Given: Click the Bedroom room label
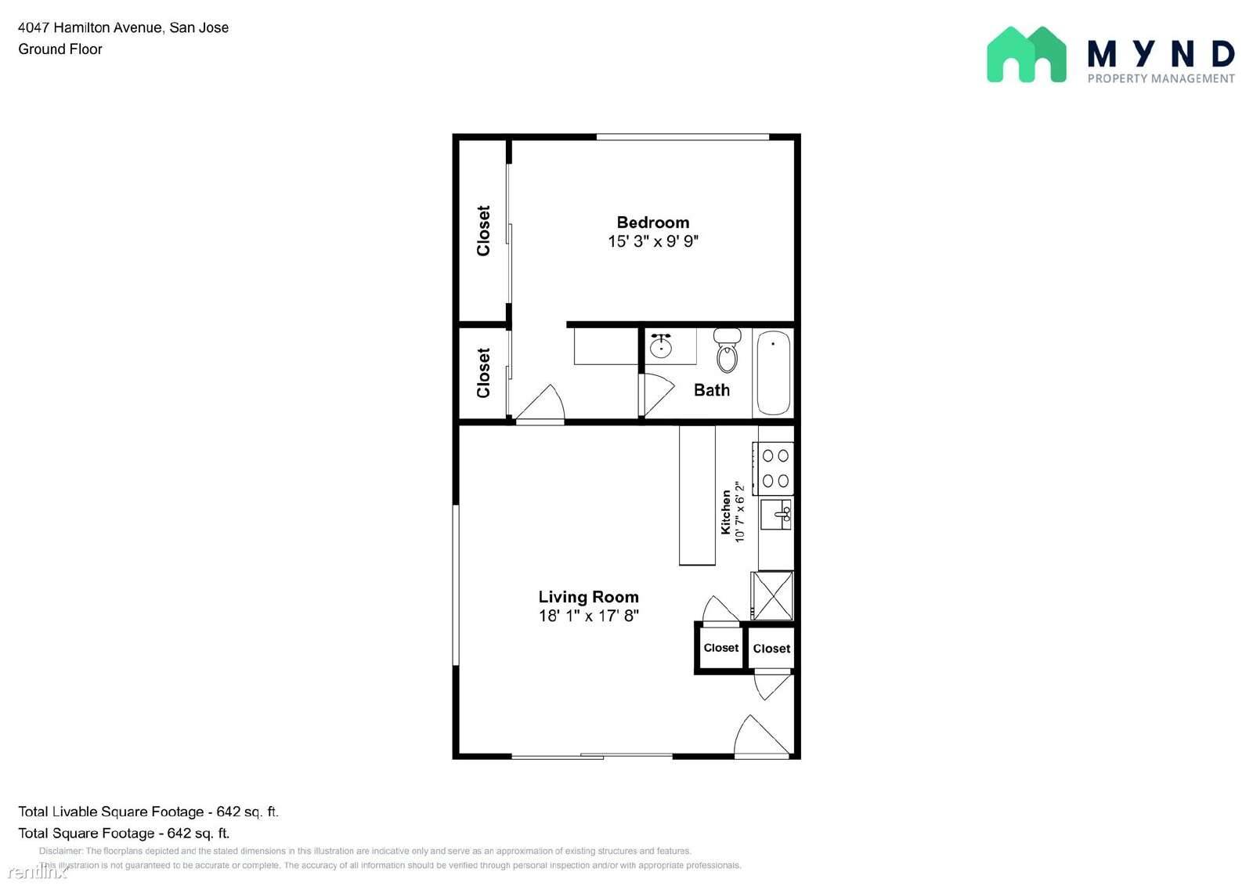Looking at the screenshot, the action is click(653, 222).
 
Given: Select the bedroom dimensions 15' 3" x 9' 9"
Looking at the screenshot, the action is click(653, 241).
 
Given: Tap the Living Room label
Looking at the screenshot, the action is click(588, 597).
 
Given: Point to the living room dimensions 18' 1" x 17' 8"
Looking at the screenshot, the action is click(588, 616).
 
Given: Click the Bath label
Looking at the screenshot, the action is click(712, 389).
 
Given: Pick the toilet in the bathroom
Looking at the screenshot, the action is click(728, 350).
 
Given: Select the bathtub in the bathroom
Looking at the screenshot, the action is click(774, 373).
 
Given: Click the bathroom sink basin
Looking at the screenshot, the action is click(661, 346).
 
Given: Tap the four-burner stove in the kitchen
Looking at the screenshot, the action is click(774, 468).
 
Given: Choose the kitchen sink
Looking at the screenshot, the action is click(776, 515).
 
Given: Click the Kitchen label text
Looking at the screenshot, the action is click(725, 512).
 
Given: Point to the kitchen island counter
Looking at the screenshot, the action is click(697, 495).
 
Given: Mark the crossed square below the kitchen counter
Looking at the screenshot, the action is click(772, 595).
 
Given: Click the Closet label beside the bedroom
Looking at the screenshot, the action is click(483, 230).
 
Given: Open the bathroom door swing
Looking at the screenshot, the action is click(658, 395).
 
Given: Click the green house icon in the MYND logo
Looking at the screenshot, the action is click(1027, 54).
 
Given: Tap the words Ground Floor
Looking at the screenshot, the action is click(60, 49).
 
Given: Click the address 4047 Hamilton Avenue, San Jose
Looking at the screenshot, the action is click(124, 27).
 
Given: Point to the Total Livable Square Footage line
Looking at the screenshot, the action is click(148, 812).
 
